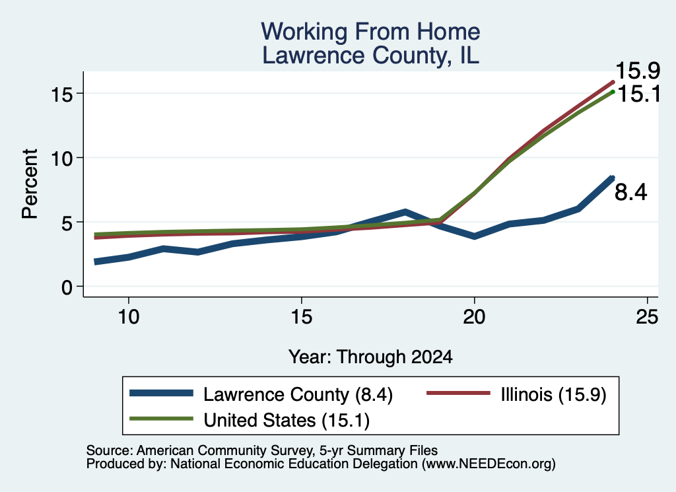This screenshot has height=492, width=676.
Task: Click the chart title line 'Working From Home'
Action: pyautogui.click(x=370, y=32)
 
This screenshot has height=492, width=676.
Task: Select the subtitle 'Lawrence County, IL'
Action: pyautogui.click(x=370, y=55)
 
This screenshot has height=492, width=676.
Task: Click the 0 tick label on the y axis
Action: pyautogui.click(x=67, y=287)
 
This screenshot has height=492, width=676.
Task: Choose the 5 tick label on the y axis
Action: pyautogui.click(x=67, y=223)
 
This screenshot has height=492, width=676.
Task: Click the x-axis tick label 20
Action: pyautogui.click(x=474, y=317)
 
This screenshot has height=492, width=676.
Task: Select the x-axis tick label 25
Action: pyautogui.click(x=647, y=317)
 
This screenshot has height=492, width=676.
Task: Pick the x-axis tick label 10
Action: pyautogui.click(x=129, y=317)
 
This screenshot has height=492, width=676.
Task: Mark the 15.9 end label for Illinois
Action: pyautogui.click(x=638, y=70)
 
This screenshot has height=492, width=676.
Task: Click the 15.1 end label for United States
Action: pyautogui.click(x=639, y=94)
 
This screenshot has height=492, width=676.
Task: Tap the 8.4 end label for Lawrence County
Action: pyautogui.click(x=630, y=192)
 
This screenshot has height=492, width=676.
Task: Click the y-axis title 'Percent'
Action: pyautogui.click(x=30, y=184)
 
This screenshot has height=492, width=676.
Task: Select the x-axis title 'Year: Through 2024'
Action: pyautogui.click(x=370, y=357)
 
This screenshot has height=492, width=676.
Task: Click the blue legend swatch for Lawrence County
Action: pyautogui.click(x=161, y=393)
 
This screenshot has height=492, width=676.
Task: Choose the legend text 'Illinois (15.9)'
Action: pyautogui.click(x=554, y=394)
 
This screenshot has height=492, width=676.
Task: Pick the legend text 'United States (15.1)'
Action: pyautogui.click(x=287, y=420)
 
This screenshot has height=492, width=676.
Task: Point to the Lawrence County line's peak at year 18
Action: pyautogui.click(x=405, y=212)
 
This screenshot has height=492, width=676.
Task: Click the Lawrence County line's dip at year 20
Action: pyautogui.click(x=474, y=236)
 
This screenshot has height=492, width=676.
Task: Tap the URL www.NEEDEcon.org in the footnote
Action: pyautogui.click(x=488, y=464)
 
